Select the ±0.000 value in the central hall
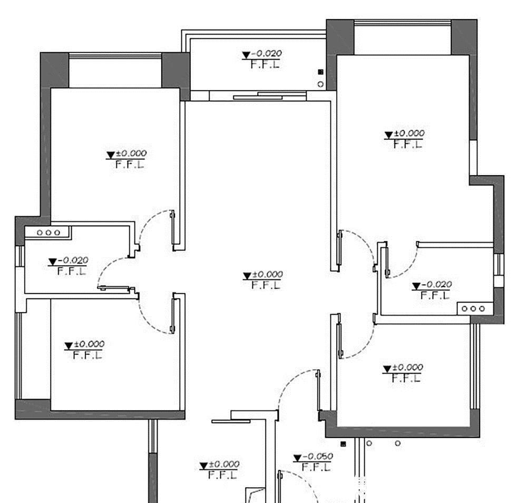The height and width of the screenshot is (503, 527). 268,275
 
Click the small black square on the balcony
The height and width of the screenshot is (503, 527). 320,72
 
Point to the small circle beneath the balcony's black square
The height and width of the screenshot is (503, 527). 320,83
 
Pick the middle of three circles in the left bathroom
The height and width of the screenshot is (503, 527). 48,232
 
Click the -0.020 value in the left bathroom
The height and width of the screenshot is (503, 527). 73,260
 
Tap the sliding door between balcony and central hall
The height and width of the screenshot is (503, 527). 269,95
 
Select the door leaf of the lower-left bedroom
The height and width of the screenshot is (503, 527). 173,314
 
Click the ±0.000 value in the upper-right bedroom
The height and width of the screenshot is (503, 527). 409,134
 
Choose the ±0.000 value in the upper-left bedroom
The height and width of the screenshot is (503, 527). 131,153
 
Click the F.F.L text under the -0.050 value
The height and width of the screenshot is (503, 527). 317,467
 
